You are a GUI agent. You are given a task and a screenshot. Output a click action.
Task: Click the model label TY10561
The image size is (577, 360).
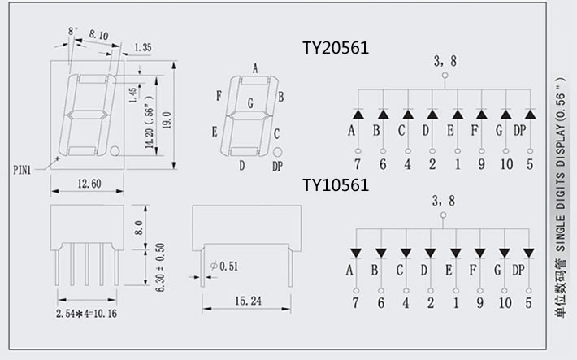click(x=336, y=185)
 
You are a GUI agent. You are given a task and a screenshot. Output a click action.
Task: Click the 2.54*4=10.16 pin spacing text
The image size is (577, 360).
click(x=85, y=313)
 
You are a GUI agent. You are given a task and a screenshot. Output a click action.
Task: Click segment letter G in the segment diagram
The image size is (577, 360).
click(x=250, y=103)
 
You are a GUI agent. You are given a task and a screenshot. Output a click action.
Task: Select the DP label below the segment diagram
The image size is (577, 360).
click(x=277, y=167)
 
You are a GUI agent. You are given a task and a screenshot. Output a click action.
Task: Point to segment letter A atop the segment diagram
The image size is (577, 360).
click(x=255, y=68)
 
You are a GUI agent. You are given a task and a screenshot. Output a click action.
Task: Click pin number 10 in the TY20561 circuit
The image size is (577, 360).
click(x=506, y=163)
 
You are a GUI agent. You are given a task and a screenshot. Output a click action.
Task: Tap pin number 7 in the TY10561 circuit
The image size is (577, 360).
click(x=354, y=303)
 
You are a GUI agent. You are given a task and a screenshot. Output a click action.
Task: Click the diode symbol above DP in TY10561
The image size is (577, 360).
click(x=530, y=253)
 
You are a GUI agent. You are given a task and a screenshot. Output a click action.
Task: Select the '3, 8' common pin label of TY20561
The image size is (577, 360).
click(x=445, y=59)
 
